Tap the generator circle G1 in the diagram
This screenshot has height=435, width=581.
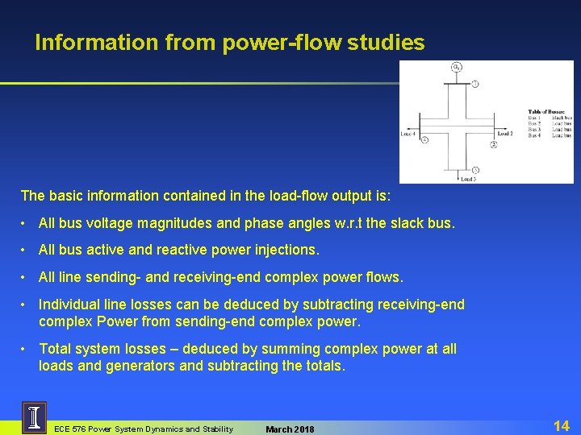pyautogui.click(x=457, y=67)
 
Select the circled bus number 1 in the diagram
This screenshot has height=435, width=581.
pyautogui.click(x=475, y=84)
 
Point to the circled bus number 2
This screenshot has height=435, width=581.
pyautogui.click(x=493, y=145)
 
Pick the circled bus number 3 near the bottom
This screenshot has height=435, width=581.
pyautogui.click(x=475, y=170)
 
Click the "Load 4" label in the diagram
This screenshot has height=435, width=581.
pyautogui.click(x=408, y=134)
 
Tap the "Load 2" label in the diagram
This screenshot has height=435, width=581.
pyautogui.click(x=505, y=134)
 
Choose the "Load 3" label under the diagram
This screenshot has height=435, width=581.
pyautogui.click(x=469, y=179)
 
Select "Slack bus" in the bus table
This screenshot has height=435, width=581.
pyautogui.click(x=562, y=118)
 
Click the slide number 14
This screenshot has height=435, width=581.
pyautogui.click(x=562, y=425)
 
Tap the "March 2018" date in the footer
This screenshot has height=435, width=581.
pyautogui.click(x=290, y=429)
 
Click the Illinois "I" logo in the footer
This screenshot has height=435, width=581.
pyautogui.click(x=34, y=418)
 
